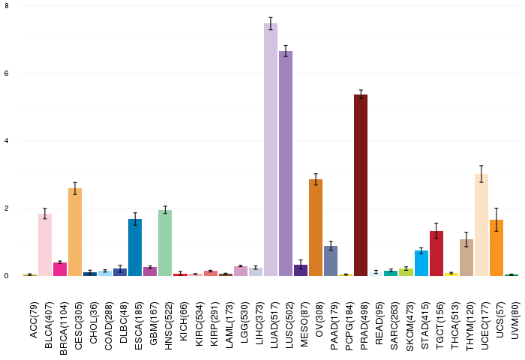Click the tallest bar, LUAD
click(271, 150)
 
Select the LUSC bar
click(286, 163)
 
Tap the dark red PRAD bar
click(361, 185)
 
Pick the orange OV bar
click(316, 228)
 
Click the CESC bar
click(75, 232)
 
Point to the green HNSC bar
click(165, 243)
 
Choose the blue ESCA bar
click(135, 247)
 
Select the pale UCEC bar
click(481, 225)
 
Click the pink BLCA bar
click(45, 244)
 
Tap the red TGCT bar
click(436, 253)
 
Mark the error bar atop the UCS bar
click(496, 220)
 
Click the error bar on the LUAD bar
click(271, 23)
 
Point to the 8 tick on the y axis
click(7, 6)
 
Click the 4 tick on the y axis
click(7, 141)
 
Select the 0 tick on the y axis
click(7, 275)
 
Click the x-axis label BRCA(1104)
click(64, 328)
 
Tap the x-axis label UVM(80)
click(515, 320)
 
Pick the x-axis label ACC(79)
click(34, 320)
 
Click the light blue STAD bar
click(421, 263)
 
